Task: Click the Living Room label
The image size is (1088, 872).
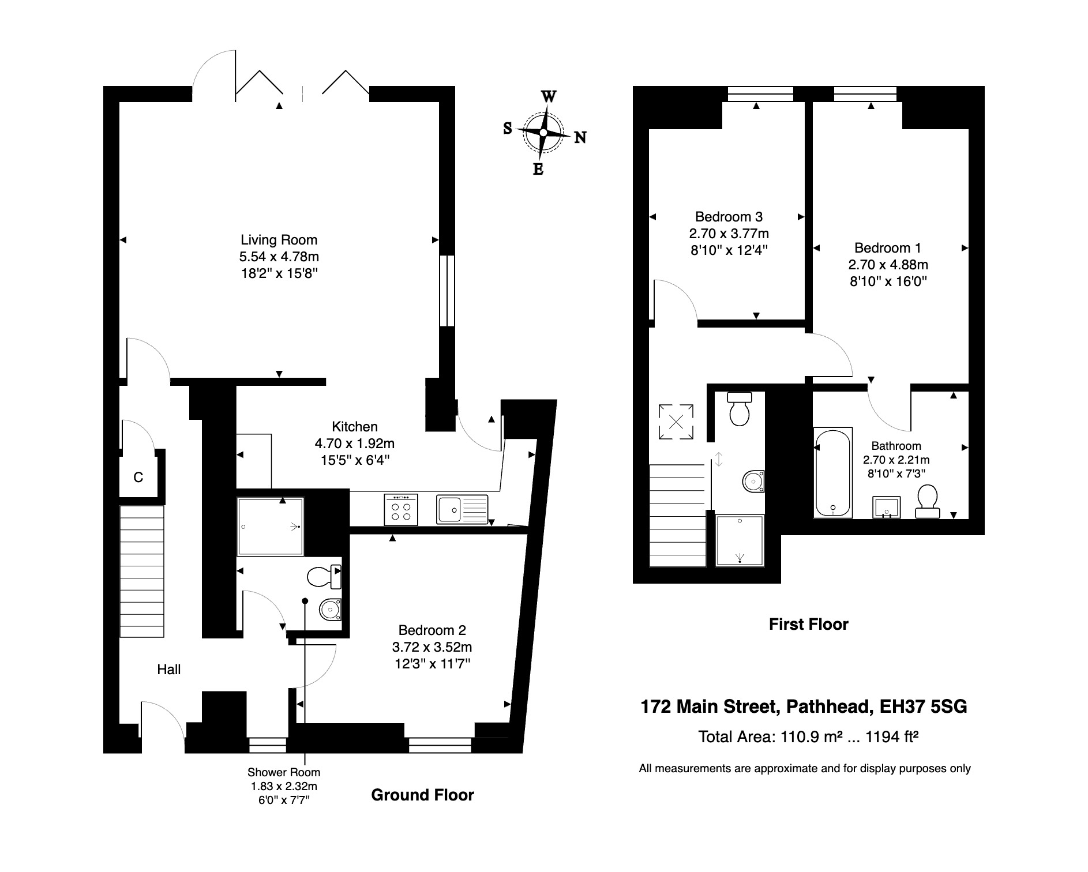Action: point(279,240)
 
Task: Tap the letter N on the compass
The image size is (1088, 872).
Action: point(580,137)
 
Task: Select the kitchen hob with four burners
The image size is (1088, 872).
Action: point(401,510)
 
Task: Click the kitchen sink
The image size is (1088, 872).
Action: point(462,509)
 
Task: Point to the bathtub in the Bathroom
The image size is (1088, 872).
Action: point(832,472)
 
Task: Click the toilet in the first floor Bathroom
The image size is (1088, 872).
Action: point(926,501)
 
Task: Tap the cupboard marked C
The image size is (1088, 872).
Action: point(138,478)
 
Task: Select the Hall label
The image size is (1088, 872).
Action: point(169,670)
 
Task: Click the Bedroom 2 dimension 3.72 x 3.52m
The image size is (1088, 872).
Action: point(432,647)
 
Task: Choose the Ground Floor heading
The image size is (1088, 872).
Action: point(422,795)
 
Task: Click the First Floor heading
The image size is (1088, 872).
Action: point(808,624)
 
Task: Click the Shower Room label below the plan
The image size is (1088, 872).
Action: point(284,772)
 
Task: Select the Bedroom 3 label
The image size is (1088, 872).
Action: point(729,217)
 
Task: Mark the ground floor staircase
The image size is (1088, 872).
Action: point(142,571)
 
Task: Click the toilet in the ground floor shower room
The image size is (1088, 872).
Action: point(323,576)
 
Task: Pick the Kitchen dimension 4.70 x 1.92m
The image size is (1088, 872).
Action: point(354,443)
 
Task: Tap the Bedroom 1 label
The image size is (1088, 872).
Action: point(887,248)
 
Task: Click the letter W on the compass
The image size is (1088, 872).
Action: point(549,96)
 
